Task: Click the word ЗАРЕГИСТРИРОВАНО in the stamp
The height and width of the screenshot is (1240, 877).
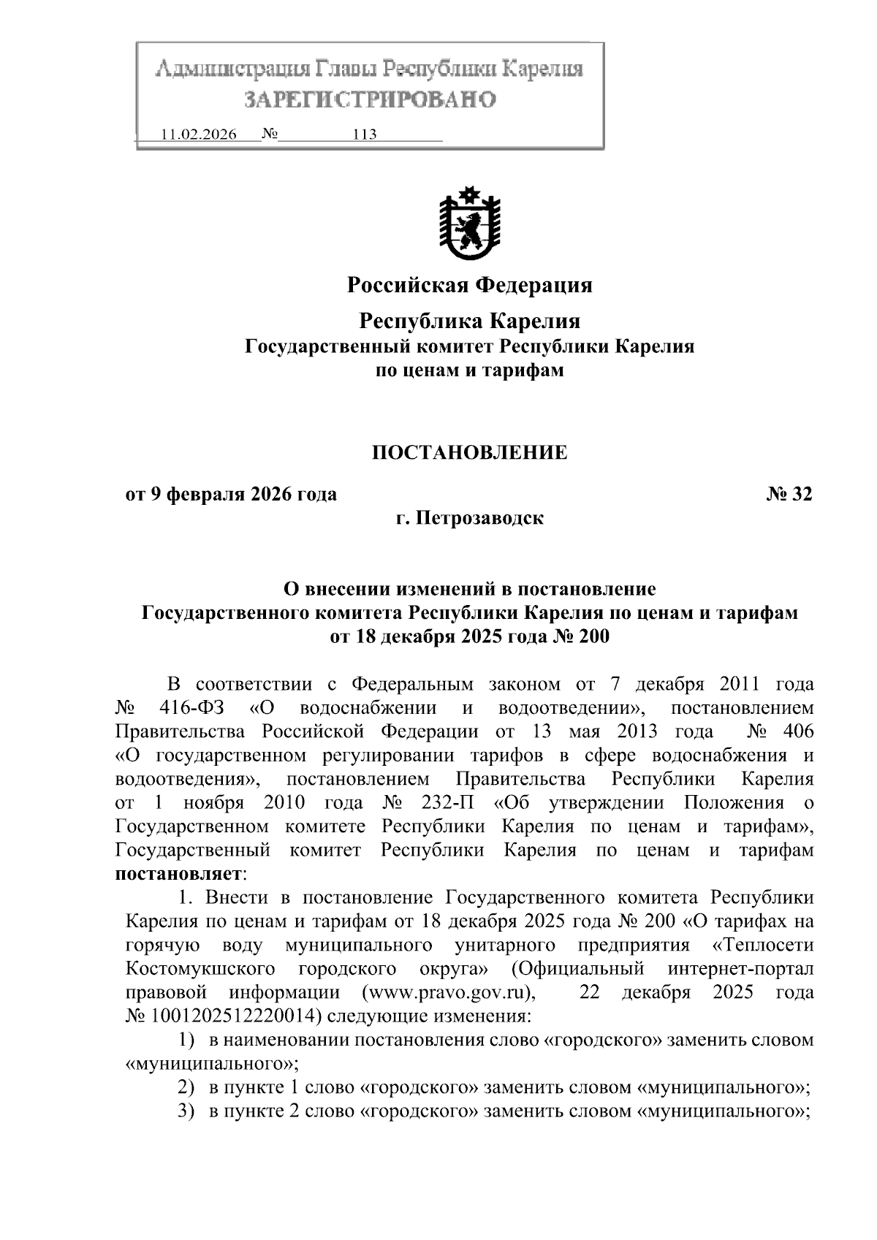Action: pyautogui.click(x=369, y=99)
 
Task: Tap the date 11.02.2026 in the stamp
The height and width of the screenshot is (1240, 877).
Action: pyautogui.click(x=198, y=135)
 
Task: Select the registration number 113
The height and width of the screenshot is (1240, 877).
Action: pyautogui.click(x=364, y=135)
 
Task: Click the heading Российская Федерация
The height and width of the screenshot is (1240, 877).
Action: pyautogui.click(x=469, y=284)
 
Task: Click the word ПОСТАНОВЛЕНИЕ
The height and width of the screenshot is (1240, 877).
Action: pyautogui.click(x=469, y=452)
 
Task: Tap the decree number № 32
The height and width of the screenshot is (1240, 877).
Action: pyautogui.click(x=789, y=495)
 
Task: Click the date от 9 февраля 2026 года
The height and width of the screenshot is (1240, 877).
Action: pyautogui.click(x=232, y=495)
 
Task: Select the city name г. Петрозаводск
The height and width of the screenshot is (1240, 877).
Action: pyautogui.click(x=469, y=519)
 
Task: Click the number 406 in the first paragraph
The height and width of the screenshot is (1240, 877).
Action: pyautogui.click(x=797, y=731)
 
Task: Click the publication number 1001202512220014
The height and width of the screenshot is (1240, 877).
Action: pyautogui.click(x=235, y=1016)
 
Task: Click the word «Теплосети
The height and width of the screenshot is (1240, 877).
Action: pyautogui.click(x=762, y=946)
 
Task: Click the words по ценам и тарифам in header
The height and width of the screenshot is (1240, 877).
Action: pyautogui.click(x=469, y=370)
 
